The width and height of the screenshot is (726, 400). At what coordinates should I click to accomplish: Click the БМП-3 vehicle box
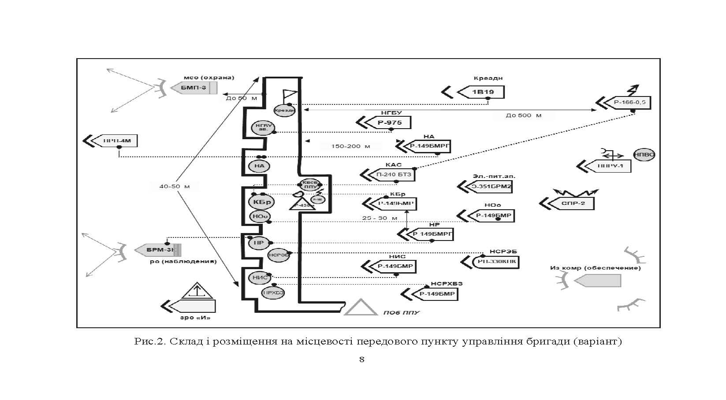tap(194, 88)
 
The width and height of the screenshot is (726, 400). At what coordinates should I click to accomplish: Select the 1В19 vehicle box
tap(482, 93)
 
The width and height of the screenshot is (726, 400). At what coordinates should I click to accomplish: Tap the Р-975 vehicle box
tap(389, 122)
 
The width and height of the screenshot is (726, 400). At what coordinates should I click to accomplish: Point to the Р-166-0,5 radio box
tap(629, 102)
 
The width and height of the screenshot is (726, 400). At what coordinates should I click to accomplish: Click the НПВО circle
tap(644, 155)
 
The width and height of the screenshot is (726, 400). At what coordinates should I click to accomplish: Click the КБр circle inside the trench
tap(261, 202)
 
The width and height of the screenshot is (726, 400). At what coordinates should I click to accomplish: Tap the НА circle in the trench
tap(259, 166)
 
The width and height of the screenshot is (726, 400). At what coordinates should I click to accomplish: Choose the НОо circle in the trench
tap(260, 216)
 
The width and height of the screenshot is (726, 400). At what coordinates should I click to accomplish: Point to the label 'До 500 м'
tap(524, 115)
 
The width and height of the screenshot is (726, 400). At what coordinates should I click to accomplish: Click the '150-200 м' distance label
tap(350, 146)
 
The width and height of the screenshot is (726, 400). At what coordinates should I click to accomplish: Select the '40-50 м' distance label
tap(175, 186)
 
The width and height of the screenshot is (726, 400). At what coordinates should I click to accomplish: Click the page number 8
tap(362, 359)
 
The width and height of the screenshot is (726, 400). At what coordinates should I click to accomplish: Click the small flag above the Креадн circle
tap(290, 94)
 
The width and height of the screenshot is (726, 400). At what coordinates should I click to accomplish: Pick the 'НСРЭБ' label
tap(503, 252)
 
